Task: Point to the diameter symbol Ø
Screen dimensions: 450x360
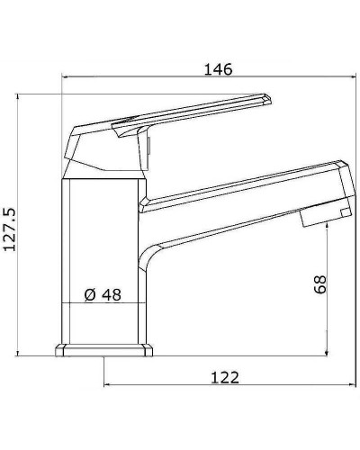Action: pyautogui.click(x=89, y=294)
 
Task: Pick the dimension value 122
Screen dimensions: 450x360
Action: pyautogui.click(x=225, y=377)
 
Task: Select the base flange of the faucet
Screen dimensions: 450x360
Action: pyautogui.click(x=103, y=350)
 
